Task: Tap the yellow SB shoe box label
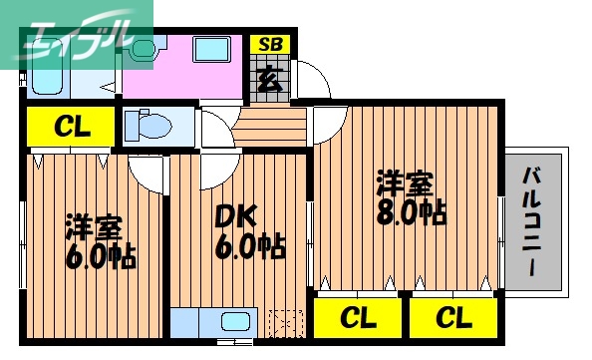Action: pyautogui.click(x=268, y=45)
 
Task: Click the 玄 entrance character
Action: pyautogui.click(x=268, y=78)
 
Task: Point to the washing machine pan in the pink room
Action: pyautogui.click(x=212, y=51)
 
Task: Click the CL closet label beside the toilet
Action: pyautogui.click(x=73, y=128)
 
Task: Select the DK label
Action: pyautogui.click(x=236, y=214)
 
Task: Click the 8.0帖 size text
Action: pyautogui.click(x=410, y=212)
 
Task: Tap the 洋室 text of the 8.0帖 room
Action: pyautogui.click(x=404, y=183)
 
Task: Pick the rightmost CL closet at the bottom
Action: pyautogui.click(x=452, y=319)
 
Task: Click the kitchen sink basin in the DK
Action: pyautogui.click(x=235, y=323)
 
